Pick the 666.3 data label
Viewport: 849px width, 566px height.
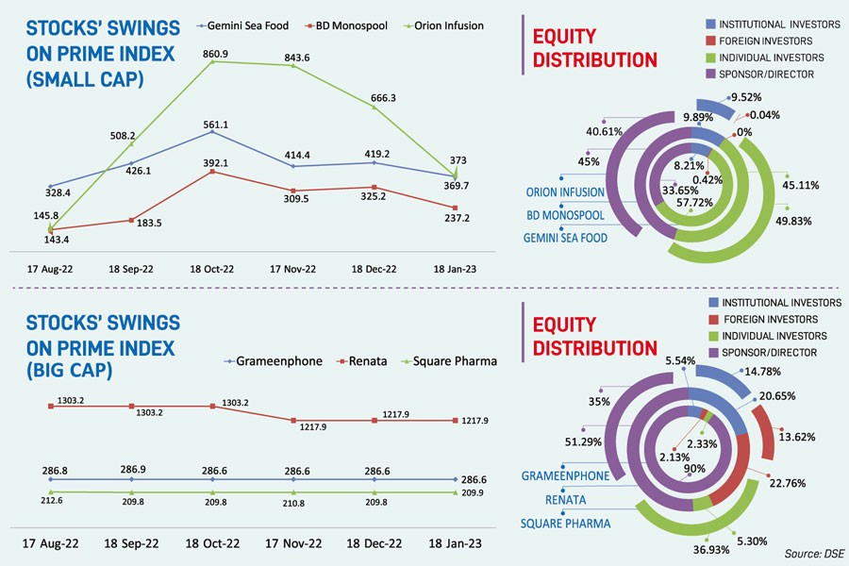(376, 97)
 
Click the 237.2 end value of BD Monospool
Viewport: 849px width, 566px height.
(456, 217)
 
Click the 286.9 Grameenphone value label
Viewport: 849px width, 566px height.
(131, 467)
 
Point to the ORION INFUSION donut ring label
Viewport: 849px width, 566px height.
(566, 192)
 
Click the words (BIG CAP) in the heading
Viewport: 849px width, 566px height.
(65, 371)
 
